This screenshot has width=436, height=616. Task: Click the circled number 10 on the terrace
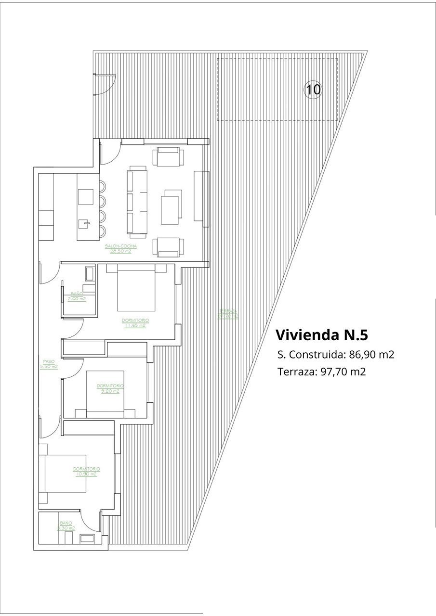point(313,89)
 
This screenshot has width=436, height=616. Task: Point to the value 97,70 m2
point(343,372)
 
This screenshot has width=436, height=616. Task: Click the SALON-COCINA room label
point(120,248)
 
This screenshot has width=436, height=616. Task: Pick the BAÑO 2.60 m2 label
point(77,296)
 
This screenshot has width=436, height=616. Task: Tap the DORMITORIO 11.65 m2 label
point(135,322)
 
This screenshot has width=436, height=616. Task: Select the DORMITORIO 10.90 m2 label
point(87,471)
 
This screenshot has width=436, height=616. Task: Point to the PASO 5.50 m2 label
point(49,364)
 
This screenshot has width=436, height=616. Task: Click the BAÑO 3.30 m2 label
point(66,525)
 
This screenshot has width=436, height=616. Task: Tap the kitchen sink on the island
point(84,223)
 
